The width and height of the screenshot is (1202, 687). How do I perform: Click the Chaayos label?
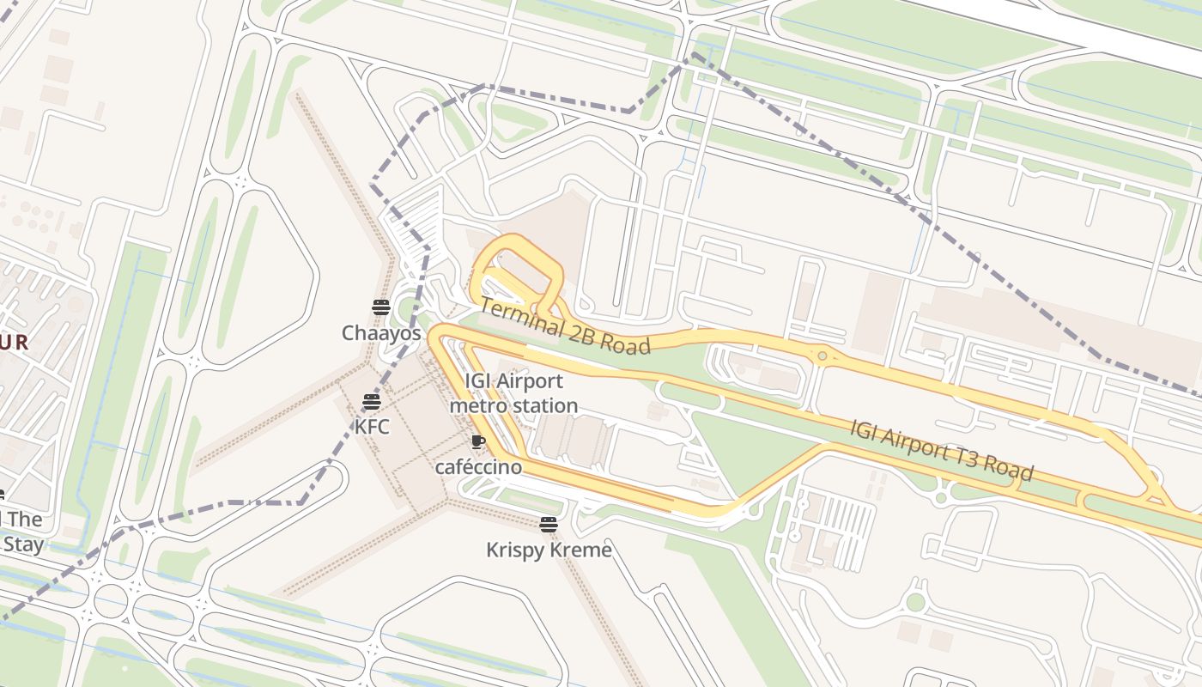pos(381,333)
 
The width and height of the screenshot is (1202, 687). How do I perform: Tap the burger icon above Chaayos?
pos(381,307)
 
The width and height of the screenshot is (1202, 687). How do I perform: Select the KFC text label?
pos(372,425)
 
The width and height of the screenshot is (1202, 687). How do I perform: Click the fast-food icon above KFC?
pos(371,401)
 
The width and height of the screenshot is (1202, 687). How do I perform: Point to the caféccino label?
pos(478,467)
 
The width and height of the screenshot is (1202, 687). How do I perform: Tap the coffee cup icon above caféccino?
pos(478,442)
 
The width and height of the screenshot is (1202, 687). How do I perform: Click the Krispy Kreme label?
pos(549,550)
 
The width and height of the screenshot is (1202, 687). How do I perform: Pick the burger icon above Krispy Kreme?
pos(549,524)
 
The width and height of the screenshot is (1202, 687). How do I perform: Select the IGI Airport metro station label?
pos(513,393)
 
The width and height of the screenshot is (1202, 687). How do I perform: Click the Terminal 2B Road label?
pos(564,326)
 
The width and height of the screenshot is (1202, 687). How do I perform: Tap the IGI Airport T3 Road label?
pos(941,450)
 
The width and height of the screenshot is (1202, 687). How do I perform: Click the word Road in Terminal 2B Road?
pos(625,342)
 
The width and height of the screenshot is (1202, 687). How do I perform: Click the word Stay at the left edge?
pos(22,544)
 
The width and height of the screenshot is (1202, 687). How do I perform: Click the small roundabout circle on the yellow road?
pos(823,356)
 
